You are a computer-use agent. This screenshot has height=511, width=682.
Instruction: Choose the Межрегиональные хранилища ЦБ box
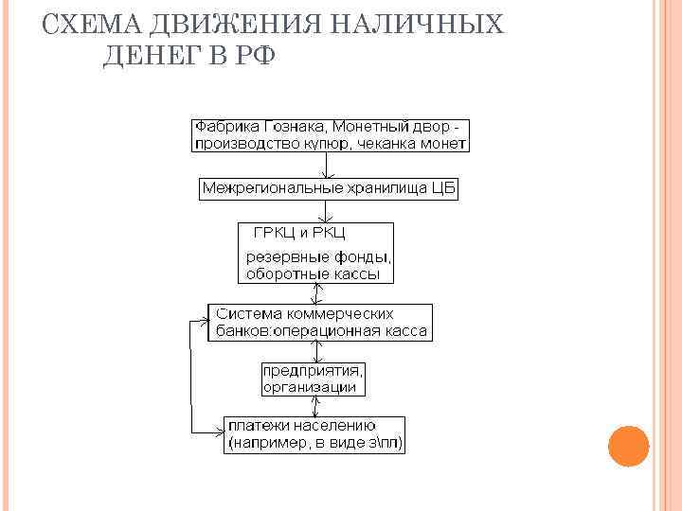click(x=328, y=188)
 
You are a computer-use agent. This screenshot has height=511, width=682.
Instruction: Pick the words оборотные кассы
click(x=312, y=274)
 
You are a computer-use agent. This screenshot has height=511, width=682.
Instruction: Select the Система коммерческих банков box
click(x=320, y=323)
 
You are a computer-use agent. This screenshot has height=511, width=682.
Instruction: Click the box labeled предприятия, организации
click(x=312, y=379)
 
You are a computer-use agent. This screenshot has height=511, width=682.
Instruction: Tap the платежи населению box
click(x=314, y=433)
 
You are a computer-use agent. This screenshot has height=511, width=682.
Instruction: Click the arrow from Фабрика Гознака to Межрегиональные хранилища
click(x=328, y=165)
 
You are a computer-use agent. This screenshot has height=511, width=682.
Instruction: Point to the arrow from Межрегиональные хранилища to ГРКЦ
click(x=328, y=211)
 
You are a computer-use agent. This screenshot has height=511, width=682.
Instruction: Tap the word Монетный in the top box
click(x=355, y=127)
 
